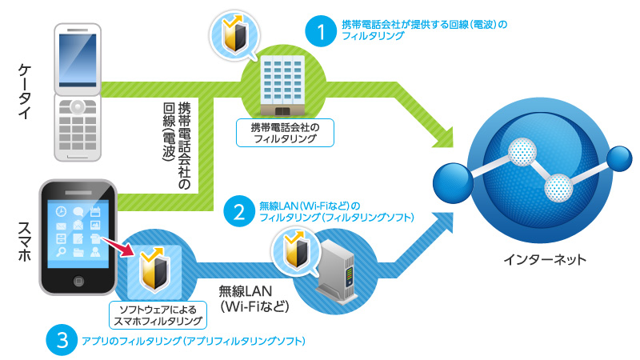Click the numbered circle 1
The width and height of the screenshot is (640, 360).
pos(322,33)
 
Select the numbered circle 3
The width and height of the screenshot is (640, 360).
pos(62,341)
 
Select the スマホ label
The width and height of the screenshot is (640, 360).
pos(24,232)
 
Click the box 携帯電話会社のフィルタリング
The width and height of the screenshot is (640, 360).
pos(284,132)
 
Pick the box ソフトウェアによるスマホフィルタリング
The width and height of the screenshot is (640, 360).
pos(157,315)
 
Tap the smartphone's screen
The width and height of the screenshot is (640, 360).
pos(79,230)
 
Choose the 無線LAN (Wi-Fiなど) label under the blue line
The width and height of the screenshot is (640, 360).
pos(250,298)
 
